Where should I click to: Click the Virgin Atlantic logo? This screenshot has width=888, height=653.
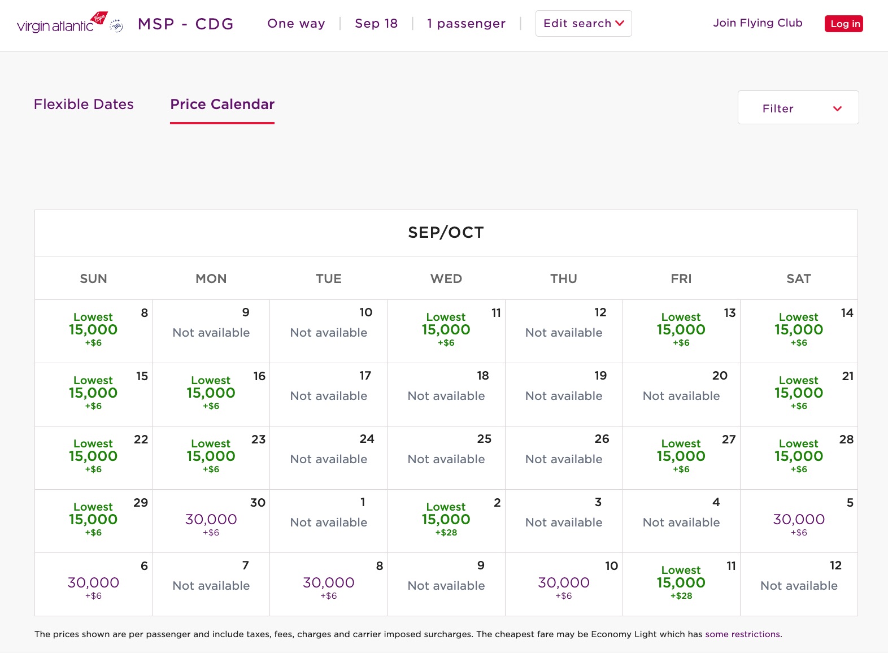coord(62,24)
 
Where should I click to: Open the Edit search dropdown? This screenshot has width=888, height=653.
coord(583,24)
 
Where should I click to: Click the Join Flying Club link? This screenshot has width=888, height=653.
coord(757,23)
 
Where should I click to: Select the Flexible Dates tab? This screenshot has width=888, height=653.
coord(84,105)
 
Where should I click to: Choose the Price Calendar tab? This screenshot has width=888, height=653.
coord(222,105)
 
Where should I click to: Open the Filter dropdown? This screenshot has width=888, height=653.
coord(798,108)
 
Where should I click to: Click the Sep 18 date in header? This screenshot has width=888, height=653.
coord(376,24)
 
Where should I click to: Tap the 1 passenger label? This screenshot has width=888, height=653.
coord(466,24)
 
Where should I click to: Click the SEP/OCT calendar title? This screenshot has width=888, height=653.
coord(446,233)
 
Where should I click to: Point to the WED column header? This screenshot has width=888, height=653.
coord(446,278)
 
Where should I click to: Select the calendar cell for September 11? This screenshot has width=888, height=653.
coord(446,330)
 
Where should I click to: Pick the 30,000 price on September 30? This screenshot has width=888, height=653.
coord(211,520)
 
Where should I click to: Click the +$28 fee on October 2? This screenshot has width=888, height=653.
coord(446,533)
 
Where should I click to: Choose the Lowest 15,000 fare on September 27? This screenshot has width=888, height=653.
coord(681,456)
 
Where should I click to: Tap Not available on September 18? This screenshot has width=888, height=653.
coord(446,396)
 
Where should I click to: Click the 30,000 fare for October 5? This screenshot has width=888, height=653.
coord(798,520)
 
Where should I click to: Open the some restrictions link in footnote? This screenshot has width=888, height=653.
coord(742,634)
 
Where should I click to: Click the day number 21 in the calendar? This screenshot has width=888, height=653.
coord(847,376)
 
